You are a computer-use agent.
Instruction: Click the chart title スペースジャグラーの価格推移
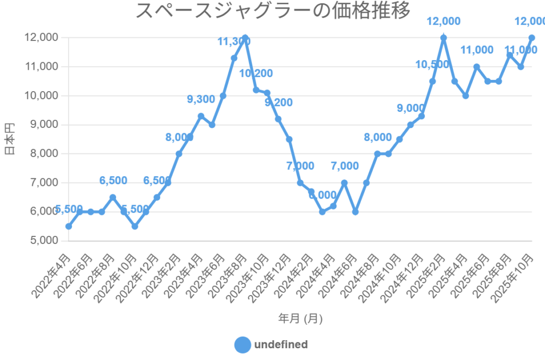(273, 11)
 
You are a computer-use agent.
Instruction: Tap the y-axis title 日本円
(10, 139)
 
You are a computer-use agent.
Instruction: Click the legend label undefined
(281, 345)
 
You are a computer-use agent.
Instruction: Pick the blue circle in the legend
(242, 345)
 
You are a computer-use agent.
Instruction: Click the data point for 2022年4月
(69, 226)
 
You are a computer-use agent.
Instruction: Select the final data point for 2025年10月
(531, 38)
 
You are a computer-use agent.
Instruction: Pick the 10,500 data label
(432, 64)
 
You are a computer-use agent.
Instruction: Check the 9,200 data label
(278, 102)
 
